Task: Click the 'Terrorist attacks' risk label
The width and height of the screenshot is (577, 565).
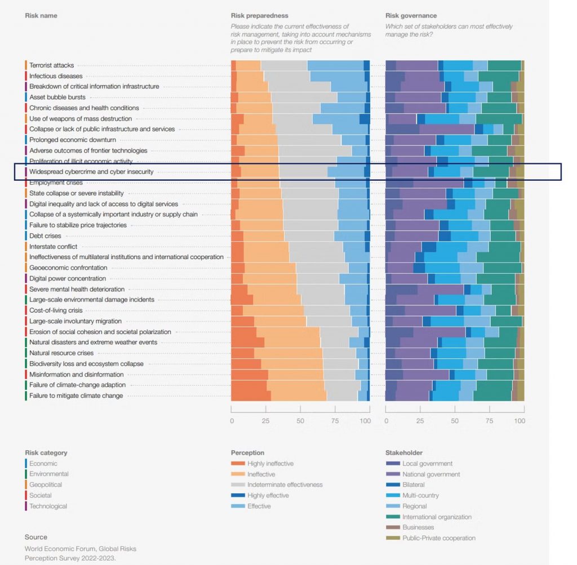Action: click(x=51, y=65)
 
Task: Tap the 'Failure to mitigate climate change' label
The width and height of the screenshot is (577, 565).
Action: click(x=76, y=395)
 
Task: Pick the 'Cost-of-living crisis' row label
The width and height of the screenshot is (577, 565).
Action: click(x=56, y=310)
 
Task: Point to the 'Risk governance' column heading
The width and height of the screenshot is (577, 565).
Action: click(x=411, y=16)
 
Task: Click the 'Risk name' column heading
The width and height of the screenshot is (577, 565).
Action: click(x=41, y=16)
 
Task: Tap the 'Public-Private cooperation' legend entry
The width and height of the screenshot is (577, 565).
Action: click(x=438, y=538)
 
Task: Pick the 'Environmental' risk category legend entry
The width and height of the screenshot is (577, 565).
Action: click(x=49, y=474)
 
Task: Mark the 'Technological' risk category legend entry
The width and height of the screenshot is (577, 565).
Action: click(x=48, y=506)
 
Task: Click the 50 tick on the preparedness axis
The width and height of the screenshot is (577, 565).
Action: click(x=300, y=421)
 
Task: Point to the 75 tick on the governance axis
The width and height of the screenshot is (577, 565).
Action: click(x=490, y=421)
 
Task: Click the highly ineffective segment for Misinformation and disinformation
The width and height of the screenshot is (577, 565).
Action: click(x=250, y=375)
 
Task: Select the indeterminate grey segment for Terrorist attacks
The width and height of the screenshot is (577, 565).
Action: click(x=284, y=65)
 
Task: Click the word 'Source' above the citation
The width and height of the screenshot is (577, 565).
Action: click(x=36, y=537)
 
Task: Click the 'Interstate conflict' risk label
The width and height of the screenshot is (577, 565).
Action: click(x=53, y=247)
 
